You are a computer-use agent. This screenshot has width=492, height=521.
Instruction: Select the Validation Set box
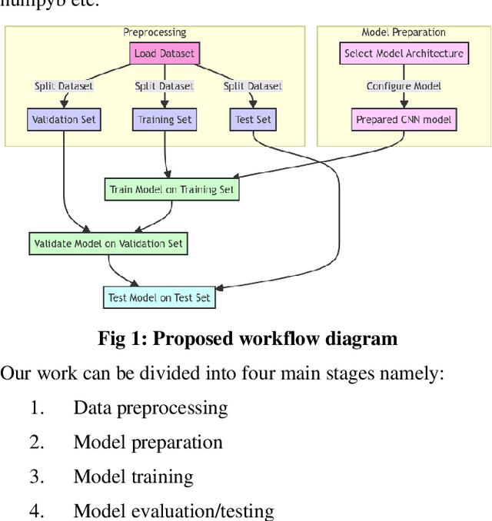(63, 120)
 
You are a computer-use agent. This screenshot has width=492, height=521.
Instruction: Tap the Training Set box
(165, 120)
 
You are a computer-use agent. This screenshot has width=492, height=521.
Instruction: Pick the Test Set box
(253, 120)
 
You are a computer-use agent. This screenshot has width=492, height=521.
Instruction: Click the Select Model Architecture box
(404, 54)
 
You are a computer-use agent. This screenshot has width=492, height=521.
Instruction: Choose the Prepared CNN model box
(404, 120)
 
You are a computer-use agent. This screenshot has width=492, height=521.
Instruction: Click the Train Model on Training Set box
(172, 189)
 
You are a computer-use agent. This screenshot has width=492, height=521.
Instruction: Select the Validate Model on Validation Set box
(108, 244)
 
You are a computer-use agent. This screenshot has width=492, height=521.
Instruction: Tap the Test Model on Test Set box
(159, 298)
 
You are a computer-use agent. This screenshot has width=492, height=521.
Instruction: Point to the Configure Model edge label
(404, 86)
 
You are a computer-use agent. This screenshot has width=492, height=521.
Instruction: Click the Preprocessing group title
(155, 32)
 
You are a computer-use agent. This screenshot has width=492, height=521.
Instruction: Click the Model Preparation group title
(404, 32)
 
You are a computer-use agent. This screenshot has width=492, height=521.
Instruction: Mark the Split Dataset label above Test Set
(253, 86)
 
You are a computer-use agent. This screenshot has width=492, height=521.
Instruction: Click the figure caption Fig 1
(248, 338)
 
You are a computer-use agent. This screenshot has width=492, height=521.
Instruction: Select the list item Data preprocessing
(151, 407)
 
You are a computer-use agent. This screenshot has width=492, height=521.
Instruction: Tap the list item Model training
(133, 476)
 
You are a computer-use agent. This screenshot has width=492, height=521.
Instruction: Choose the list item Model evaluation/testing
(173, 510)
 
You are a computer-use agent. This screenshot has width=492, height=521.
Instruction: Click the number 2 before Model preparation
(37, 442)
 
